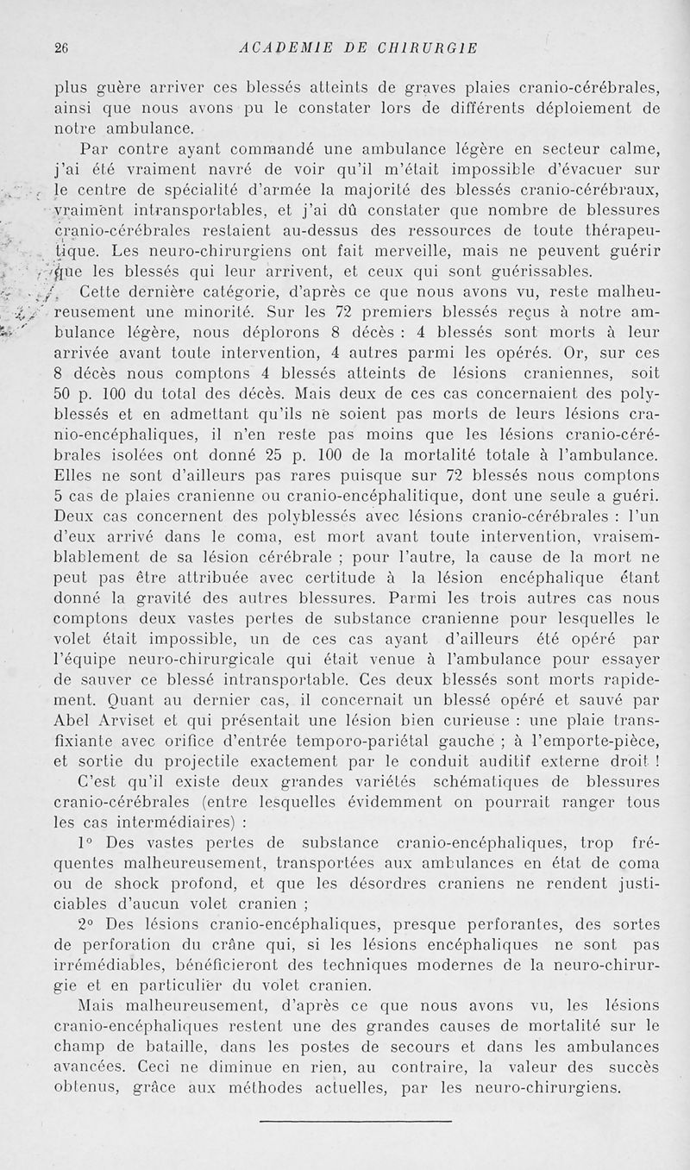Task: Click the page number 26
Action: click(60, 48)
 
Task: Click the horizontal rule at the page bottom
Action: click(355, 1122)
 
